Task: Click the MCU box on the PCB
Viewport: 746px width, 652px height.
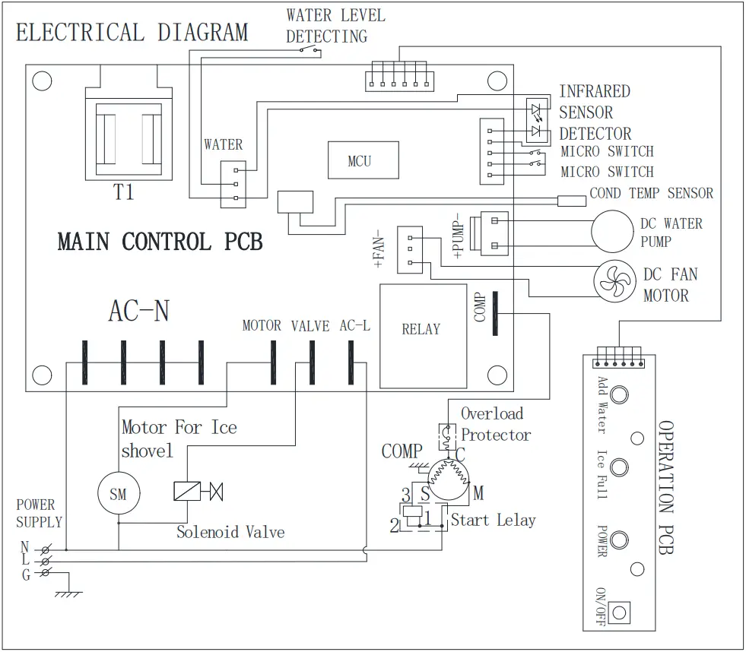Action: (x=363, y=160)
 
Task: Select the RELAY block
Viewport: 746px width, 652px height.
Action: (x=423, y=336)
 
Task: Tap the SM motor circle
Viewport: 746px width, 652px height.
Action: (x=119, y=493)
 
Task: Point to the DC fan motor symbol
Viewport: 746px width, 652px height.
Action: (x=614, y=281)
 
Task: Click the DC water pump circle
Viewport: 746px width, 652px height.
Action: (x=612, y=232)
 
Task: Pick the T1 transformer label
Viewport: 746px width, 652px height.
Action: (x=123, y=192)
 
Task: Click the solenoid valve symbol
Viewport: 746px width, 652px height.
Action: (x=198, y=491)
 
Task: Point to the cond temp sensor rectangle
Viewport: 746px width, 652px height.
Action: (x=571, y=201)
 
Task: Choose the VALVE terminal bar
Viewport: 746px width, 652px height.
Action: (x=312, y=362)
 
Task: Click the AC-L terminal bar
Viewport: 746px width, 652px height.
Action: (x=351, y=362)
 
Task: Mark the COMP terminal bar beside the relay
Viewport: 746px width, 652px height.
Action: (x=495, y=313)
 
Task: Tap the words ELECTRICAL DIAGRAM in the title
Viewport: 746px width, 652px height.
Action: (x=132, y=33)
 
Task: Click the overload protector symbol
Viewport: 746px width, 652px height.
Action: (x=447, y=437)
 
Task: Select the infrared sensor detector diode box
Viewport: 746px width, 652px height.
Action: (x=537, y=120)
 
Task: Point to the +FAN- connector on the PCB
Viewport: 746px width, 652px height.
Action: (x=410, y=250)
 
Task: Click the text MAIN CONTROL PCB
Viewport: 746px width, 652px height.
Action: (x=160, y=242)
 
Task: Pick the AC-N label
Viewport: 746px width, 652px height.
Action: (x=139, y=311)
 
